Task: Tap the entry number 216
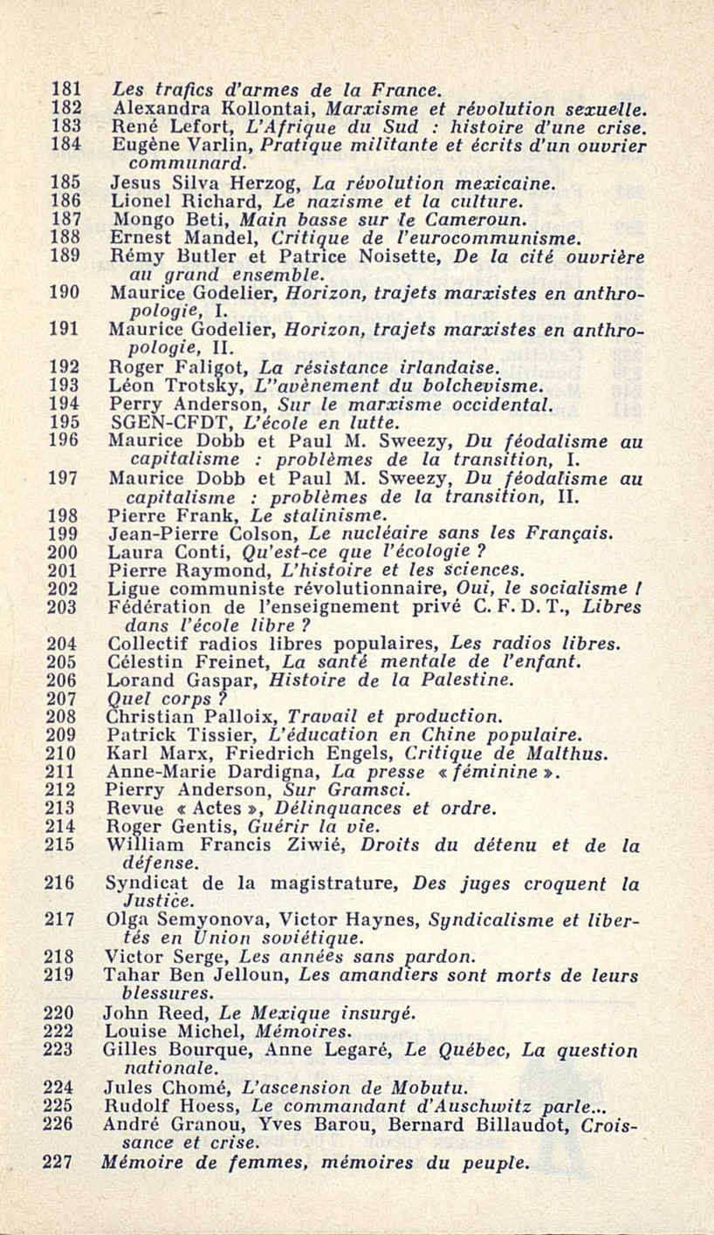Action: [x=60, y=883]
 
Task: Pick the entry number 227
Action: [x=60, y=1162]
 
